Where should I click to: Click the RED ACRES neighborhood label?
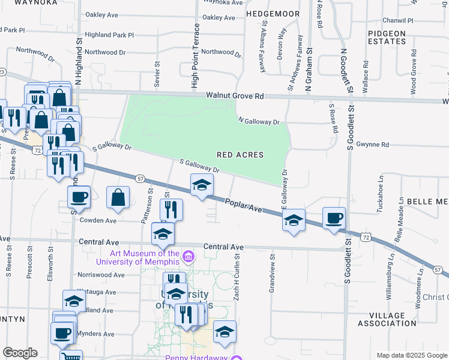pos(240,155)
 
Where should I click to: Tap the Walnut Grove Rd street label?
pos(235,95)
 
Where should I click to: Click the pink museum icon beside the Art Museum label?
pos(188,257)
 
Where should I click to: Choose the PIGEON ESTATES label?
pos(387,37)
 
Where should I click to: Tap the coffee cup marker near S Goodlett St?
pos(334,218)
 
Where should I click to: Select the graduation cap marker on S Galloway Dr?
pos(202,185)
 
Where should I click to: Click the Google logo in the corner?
pos(20,353)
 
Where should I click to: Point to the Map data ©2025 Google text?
pos(411,355)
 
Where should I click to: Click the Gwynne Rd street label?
pos(372,145)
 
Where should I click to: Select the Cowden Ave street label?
pos(98,220)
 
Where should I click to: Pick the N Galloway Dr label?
pos(259,122)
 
